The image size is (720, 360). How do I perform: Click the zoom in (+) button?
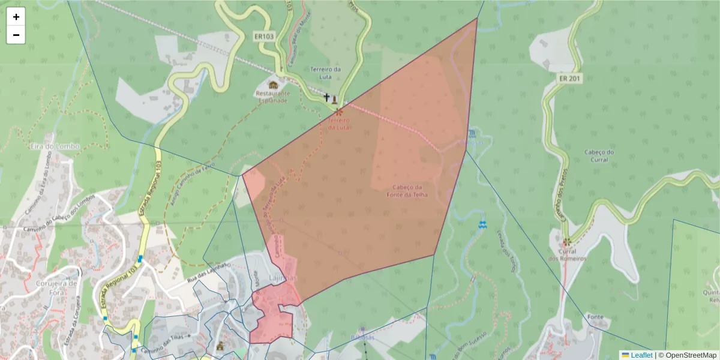pyautogui.click(x=16, y=17)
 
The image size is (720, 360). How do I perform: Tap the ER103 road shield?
pyautogui.click(x=264, y=37)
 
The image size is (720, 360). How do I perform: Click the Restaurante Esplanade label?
pyautogui.click(x=272, y=97)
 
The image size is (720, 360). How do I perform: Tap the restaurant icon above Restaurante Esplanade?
pyautogui.click(x=273, y=85)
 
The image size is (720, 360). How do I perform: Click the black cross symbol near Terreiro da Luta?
pyautogui.click(x=327, y=97)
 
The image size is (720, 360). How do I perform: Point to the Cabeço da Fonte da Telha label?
pyautogui.click(x=407, y=190)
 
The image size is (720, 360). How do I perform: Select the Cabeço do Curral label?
pyautogui.click(x=599, y=155)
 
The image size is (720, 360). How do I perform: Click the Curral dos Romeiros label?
pyautogui.click(x=567, y=255)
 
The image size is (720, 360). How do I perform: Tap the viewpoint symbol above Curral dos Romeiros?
pyautogui.click(x=567, y=242)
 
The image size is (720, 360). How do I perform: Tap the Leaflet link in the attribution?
pyautogui.click(x=641, y=355)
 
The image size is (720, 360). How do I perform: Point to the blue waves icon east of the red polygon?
pyautogui.click(x=482, y=224)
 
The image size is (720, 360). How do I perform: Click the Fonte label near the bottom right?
pyautogui.click(x=596, y=317)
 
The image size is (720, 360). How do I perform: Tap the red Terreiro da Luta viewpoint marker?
pyautogui.click(x=339, y=112)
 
